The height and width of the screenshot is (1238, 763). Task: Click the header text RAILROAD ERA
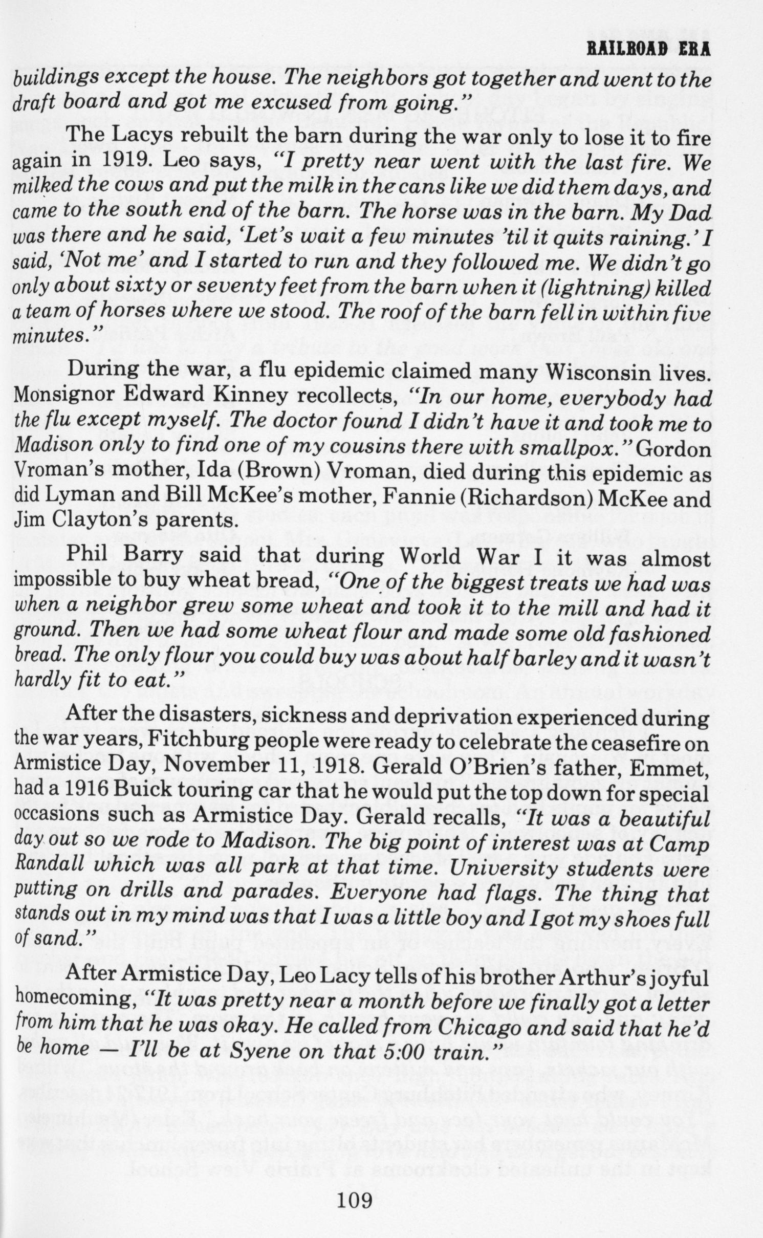(x=648, y=50)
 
